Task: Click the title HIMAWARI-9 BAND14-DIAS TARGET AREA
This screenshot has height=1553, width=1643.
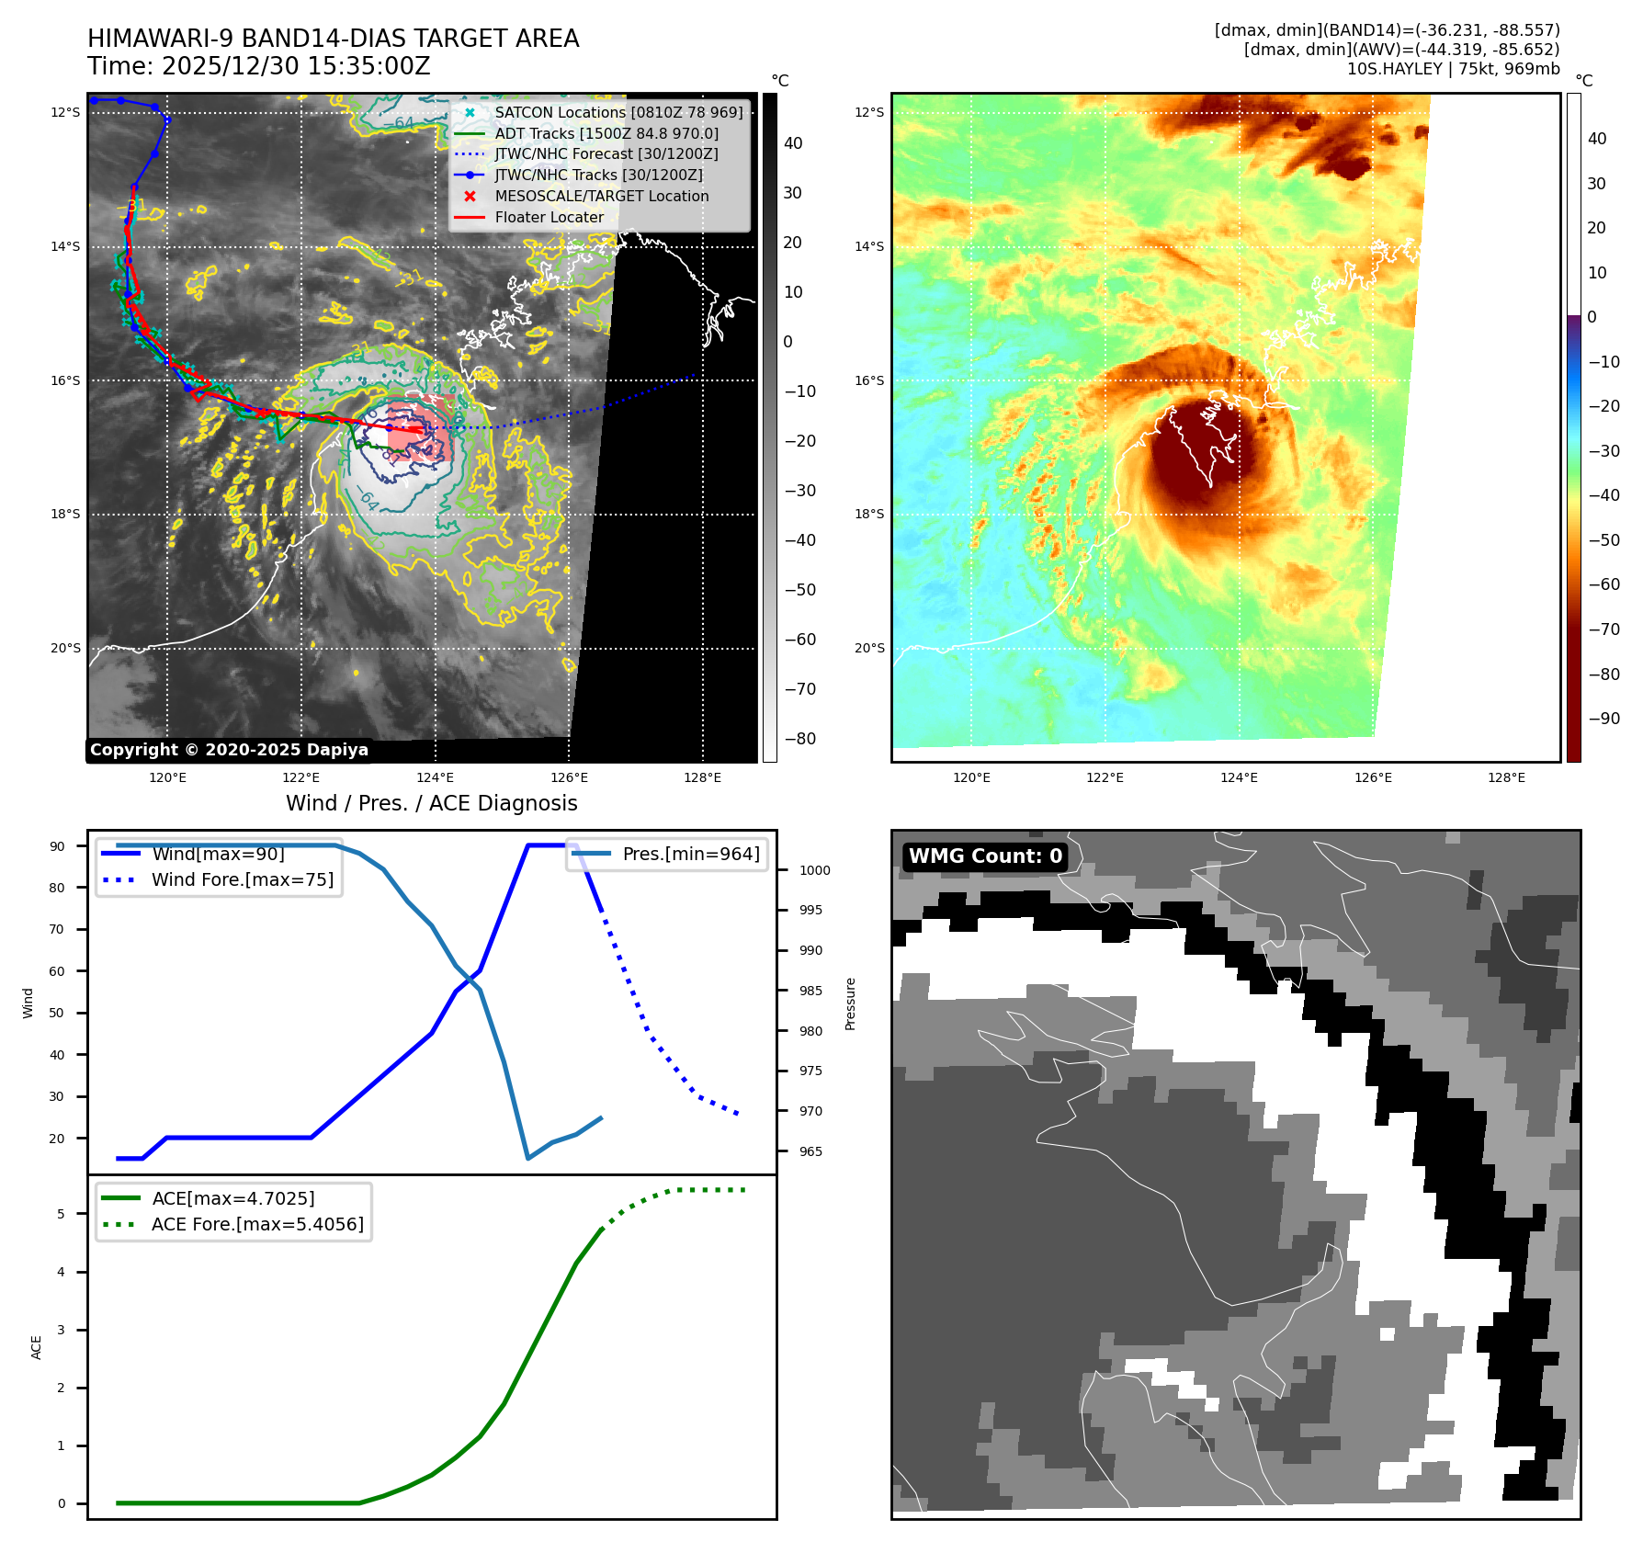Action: pos(333,39)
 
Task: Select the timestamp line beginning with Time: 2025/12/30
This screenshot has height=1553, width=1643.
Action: pos(258,66)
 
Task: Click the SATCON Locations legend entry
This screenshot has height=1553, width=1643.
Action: pos(618,112)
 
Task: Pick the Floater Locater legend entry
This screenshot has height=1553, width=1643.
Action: pos(549,217)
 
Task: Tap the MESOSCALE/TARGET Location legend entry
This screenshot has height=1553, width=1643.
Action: pos(601,196)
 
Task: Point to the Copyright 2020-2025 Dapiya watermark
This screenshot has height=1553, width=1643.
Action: pos(229,750)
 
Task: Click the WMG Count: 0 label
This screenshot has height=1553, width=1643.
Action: pos(985,856)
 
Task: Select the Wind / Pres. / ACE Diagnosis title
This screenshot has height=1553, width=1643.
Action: pos(431,803)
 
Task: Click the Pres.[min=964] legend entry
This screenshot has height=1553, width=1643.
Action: pos(690,854)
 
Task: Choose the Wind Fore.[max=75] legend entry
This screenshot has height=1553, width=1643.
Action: pos(242,879)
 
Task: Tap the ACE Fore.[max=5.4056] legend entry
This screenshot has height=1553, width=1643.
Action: pos(256,1224)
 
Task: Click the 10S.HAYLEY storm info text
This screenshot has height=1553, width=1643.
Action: pos(1453,69)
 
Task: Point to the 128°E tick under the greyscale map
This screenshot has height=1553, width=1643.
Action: pos(702,777)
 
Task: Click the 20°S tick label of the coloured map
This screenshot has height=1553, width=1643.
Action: pos(869,648)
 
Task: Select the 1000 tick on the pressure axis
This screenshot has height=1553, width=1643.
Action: pos(814,870)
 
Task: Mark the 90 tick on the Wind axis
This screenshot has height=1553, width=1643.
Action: pos(57,846)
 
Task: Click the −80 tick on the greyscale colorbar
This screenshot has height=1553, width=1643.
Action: pos(799,739)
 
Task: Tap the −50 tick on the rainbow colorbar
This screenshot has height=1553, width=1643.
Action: pos(1604,540)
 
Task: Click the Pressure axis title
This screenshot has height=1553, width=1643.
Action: pos(850,1003)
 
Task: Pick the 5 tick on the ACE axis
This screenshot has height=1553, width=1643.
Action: pos(61,1214)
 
